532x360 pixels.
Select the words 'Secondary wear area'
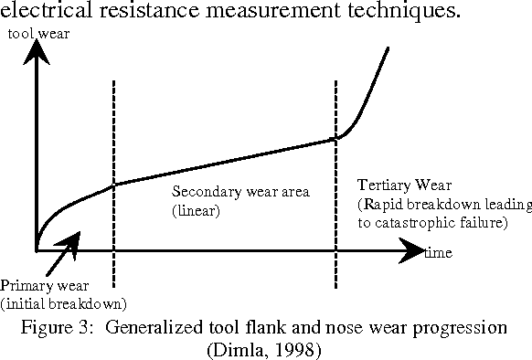click(241, 194)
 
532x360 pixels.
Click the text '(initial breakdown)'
click(64, 302)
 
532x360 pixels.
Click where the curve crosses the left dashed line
click(113, 185)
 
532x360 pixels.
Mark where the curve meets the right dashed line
click(337, 138)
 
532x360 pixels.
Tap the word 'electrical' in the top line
click(43, 12)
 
